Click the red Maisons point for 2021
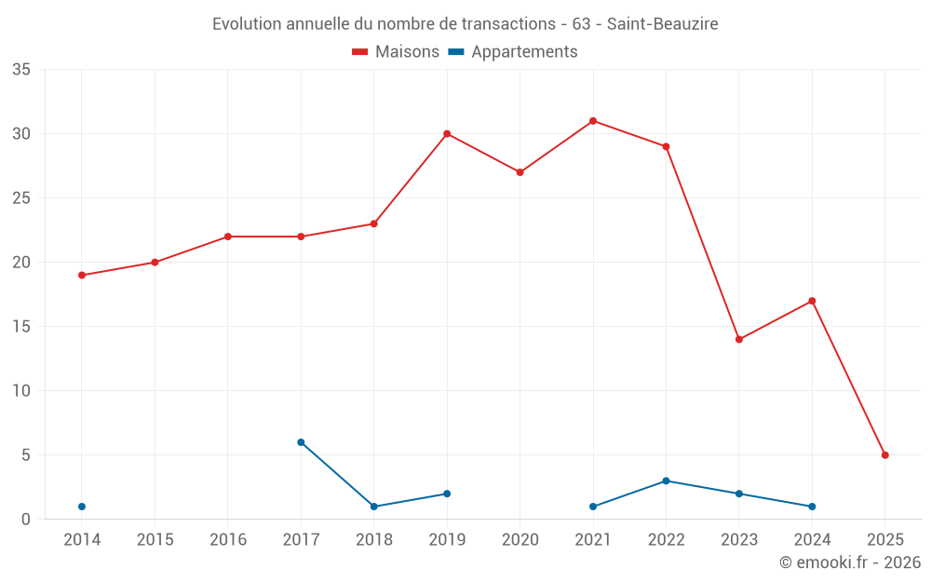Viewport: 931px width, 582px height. pos(593,121)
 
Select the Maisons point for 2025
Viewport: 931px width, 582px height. pos(885,455)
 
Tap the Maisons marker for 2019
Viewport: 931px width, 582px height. pos(447,134)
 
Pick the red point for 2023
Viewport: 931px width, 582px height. pos(739,339)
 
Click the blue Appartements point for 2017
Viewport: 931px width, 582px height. pos(301,442)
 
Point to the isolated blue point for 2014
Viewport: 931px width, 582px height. pos(82,507)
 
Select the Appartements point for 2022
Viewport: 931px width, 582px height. pos(666,480)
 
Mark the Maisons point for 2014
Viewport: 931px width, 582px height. pos(82,275)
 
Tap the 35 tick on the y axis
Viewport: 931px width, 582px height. pos(22,70)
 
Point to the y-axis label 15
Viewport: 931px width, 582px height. pos(22,327)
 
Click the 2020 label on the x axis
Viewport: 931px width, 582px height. pos(520,540)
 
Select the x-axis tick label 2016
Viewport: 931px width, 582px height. pos(228,540)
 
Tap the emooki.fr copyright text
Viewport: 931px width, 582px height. pos(849,562)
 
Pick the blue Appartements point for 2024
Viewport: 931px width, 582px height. pos(812,507)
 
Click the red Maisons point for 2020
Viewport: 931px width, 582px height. pos(520,172)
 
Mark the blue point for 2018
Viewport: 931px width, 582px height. pos(374,507)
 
